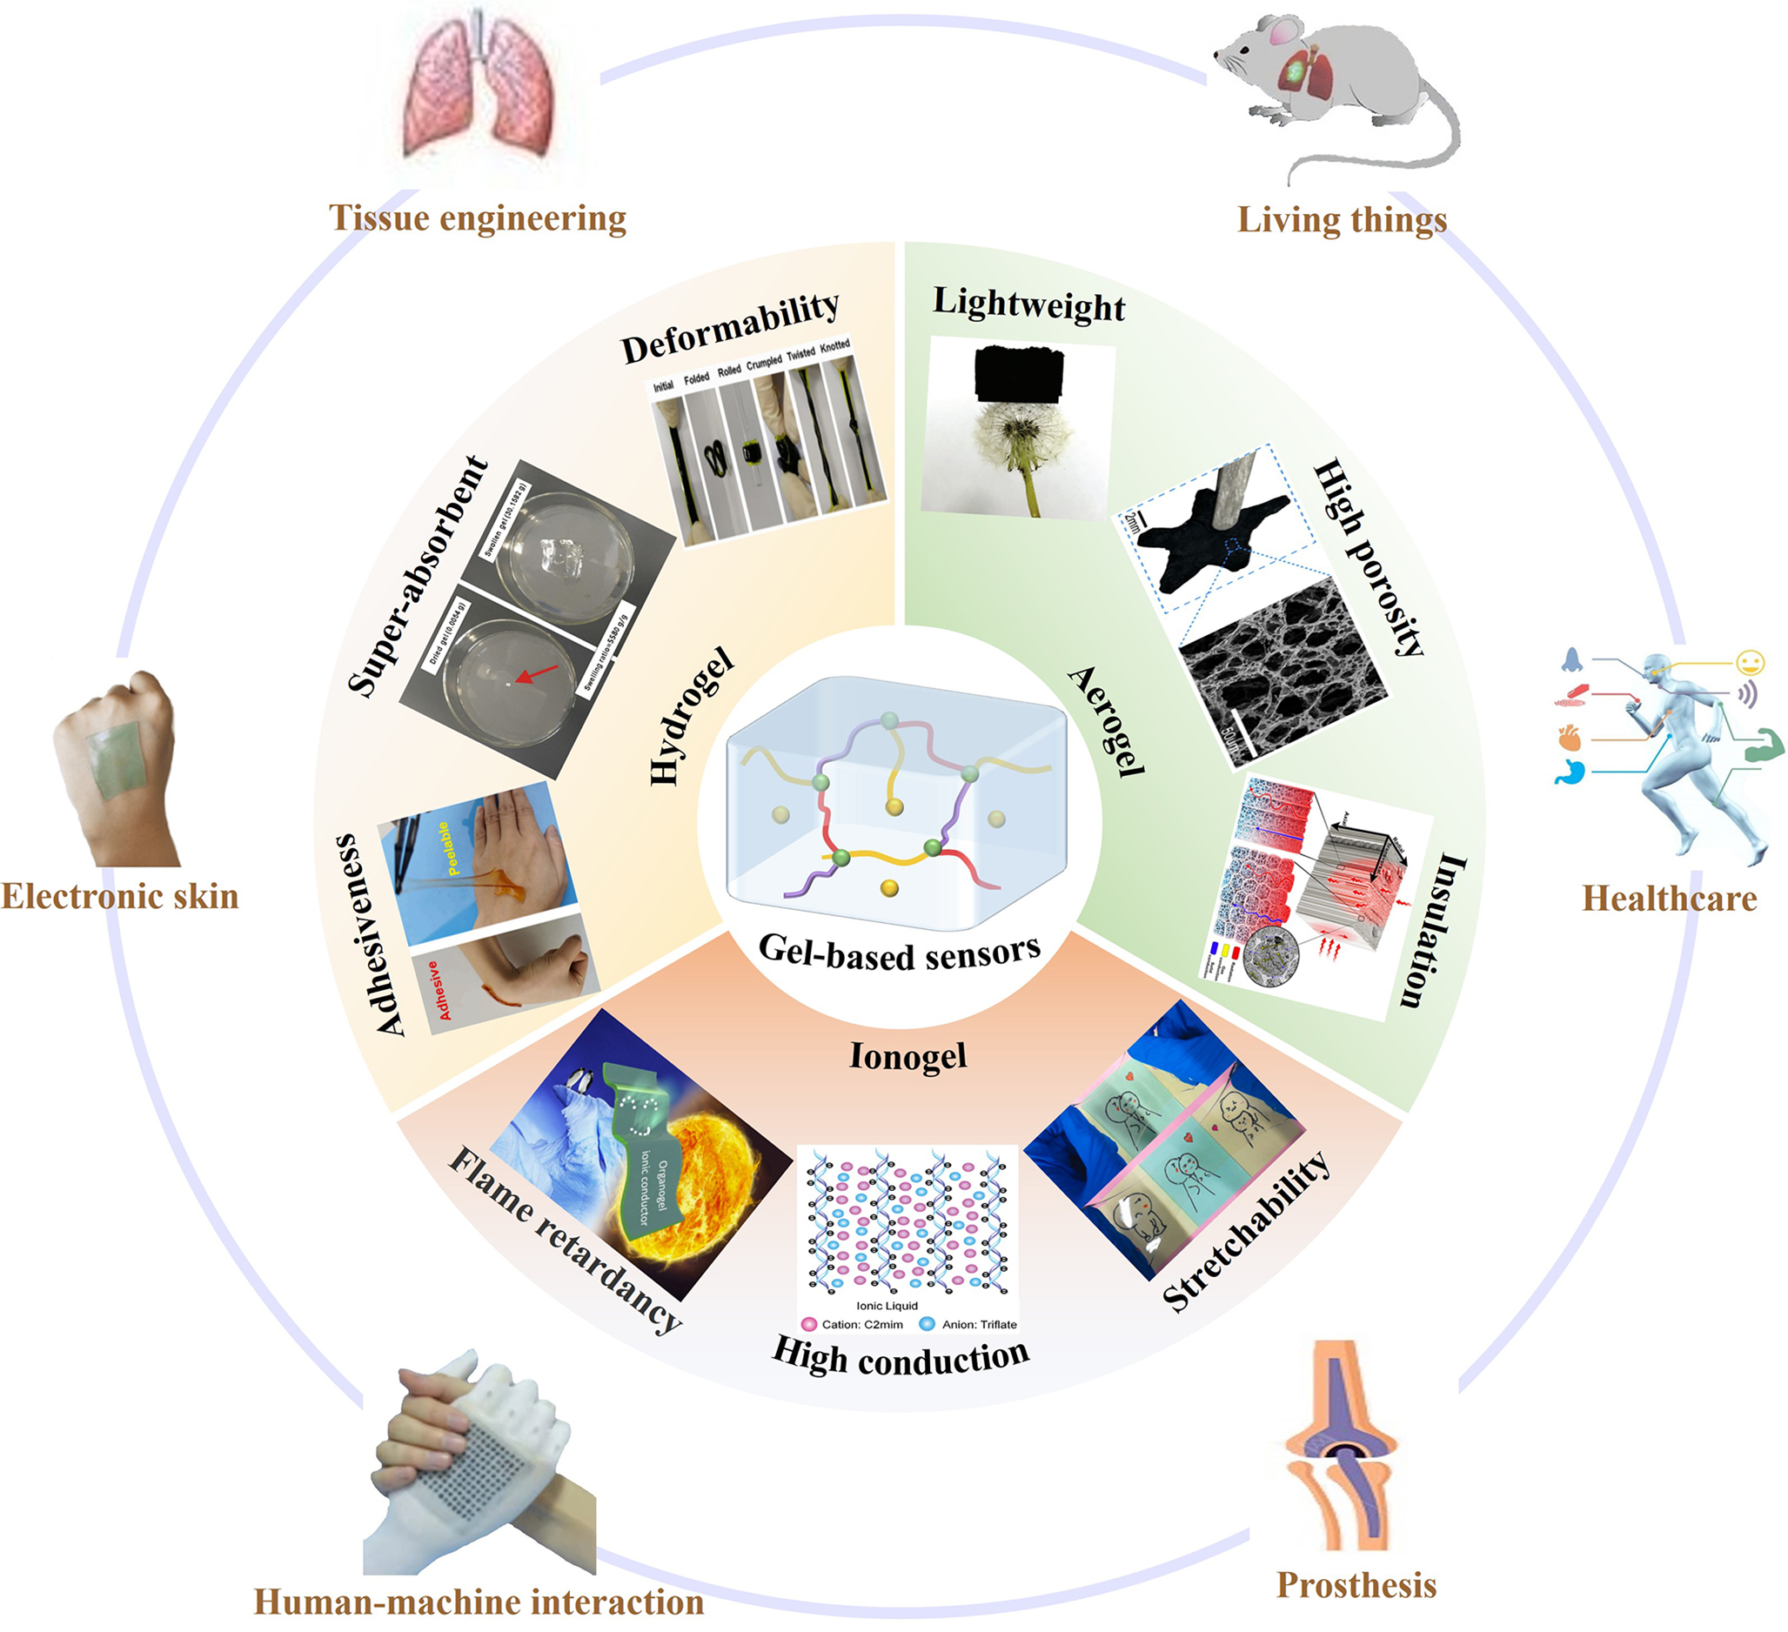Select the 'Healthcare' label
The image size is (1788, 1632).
point(1669,899)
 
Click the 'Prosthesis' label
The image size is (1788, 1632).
point(1356,1584)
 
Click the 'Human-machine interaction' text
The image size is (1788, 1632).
point(479,1602)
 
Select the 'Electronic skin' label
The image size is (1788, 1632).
point(120,896)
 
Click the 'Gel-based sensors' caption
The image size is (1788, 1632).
point(899,953)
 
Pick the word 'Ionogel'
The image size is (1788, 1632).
point(907,1055)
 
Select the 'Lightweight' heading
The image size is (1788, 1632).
point(1028,304)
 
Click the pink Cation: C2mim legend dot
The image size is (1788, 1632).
point(808,1324)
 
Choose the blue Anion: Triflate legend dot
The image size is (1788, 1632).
point(927,1324)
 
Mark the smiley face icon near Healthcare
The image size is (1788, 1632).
point(1750,662)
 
